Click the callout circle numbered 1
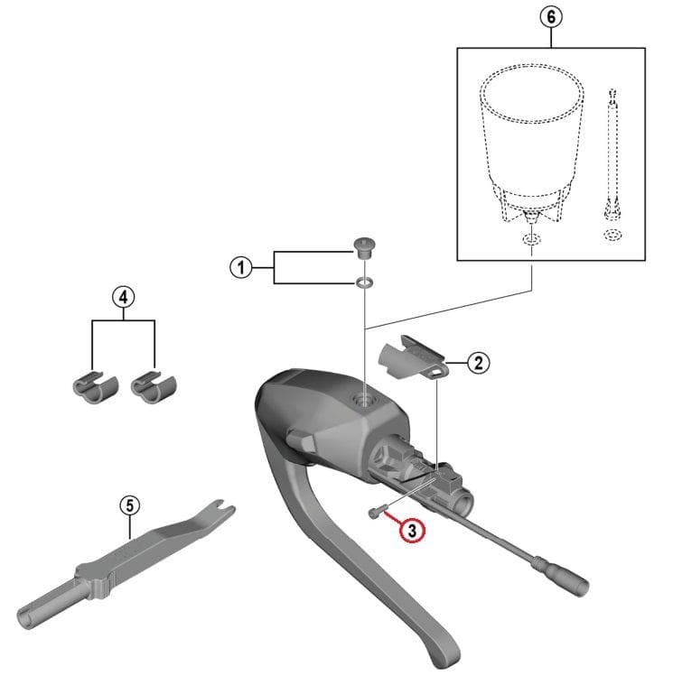pos(241,267)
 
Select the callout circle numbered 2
pos(479,363)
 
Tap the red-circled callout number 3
pos(412,531)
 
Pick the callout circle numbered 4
pos(124,297)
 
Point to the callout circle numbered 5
pos(130,505)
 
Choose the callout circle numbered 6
pos(551,17)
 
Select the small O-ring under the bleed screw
pos(365,282)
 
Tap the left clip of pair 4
pos(96,388)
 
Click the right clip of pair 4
pos(154,388)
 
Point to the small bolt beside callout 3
pos(377,511)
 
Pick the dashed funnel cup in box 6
pos(531,144)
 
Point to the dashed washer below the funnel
pos(532,239)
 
